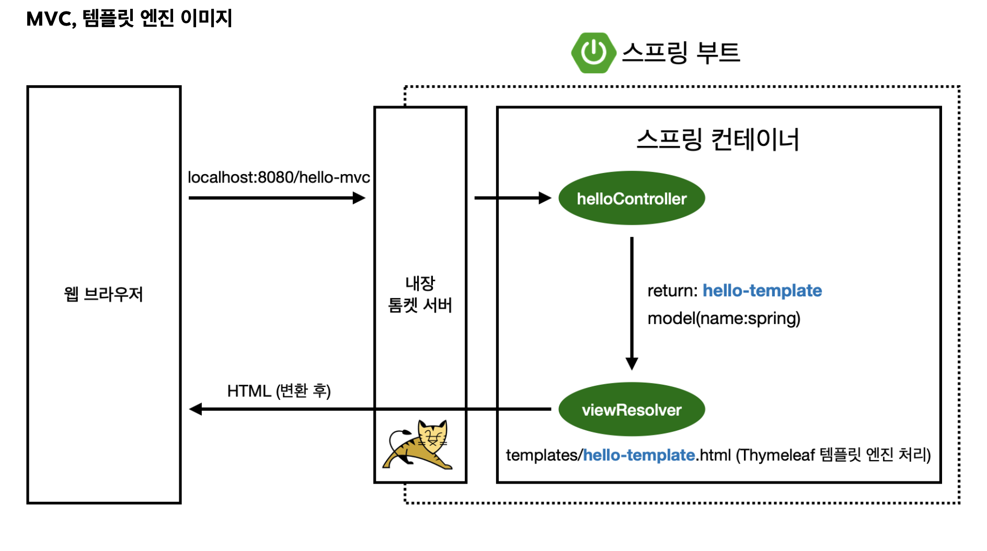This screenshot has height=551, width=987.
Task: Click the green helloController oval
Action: pos(632,198)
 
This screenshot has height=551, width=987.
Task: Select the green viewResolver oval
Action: pos(632,409)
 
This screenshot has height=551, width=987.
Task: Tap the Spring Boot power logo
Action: pos(593,53)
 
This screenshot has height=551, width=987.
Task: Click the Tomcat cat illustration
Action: pos(419,445)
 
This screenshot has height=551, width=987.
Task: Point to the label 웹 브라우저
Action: pos(104,294)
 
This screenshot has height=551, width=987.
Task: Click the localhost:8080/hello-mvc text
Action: pos(279,178)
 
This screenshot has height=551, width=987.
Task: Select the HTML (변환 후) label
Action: pos(279,391)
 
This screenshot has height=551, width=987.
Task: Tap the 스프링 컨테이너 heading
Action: pos(718,140)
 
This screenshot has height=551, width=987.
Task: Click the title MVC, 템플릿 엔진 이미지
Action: pos(129,19)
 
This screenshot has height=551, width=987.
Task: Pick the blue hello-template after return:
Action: pos(762,291)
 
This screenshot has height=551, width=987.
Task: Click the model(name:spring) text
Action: pos(724,318)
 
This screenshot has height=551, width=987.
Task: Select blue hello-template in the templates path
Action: pos(638,455)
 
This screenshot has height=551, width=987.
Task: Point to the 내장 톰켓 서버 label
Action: pos(420,294)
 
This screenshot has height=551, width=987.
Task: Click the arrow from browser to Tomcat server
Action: pos(277,198)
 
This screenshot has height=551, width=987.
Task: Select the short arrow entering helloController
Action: pos(512,198)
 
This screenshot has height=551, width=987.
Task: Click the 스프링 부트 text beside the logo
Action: pos(681,53)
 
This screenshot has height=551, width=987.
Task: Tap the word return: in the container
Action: pos(672,291)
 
